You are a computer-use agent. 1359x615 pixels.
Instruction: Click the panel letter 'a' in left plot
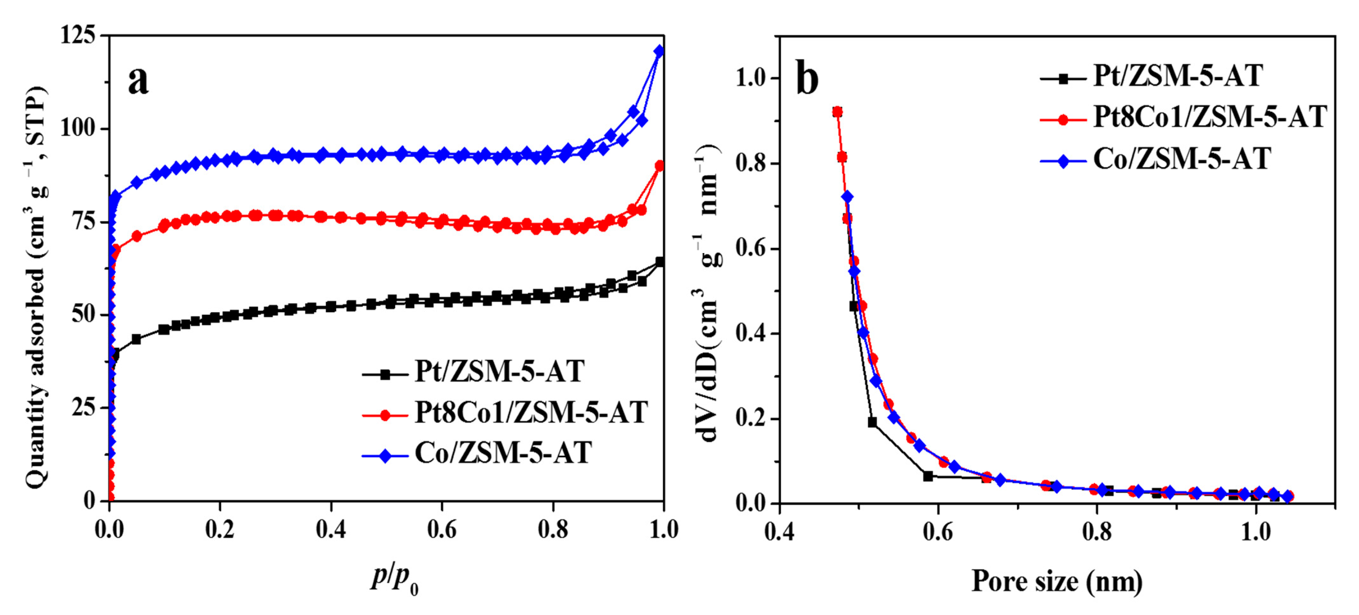coord(138,82)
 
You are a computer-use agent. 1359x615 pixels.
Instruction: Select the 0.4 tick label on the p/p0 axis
coord(331,530)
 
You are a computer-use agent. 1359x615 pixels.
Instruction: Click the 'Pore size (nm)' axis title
coord(1057,581)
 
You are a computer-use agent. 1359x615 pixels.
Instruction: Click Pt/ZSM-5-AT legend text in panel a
coord(499,371)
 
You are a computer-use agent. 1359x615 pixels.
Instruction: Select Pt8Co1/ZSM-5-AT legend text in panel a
coord(531,412)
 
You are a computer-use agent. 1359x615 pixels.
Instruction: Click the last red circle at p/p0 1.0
coord(660,166)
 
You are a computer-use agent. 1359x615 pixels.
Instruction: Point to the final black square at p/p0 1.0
coord(660,262)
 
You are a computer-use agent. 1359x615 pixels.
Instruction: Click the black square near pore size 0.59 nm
coord(928,476)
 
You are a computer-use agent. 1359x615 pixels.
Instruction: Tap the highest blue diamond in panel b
coord(847,197)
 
